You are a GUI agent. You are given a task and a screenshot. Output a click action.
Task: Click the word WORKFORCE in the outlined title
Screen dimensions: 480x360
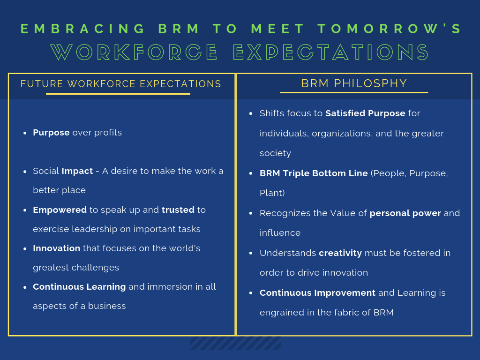coord(134,52)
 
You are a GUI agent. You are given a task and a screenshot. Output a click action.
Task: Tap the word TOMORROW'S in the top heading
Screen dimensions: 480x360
coord(390,29)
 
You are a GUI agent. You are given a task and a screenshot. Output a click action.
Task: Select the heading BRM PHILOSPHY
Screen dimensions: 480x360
coord(354,83)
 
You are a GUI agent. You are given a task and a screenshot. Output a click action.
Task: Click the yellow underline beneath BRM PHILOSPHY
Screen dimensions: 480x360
coord(354,92)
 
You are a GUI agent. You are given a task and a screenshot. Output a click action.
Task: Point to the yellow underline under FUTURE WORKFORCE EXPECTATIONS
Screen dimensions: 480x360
coord(118,94)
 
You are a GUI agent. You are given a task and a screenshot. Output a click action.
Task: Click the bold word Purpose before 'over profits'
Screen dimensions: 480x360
coord(51,133)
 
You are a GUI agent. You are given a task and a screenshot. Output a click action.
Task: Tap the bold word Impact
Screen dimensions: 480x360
coord(77,171)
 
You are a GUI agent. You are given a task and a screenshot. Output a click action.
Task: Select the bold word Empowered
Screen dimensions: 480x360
coord(60,210)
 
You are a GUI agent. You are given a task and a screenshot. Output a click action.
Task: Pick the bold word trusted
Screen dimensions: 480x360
coord(178,210)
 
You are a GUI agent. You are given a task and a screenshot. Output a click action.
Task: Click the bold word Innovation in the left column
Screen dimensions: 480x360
coord(56,248)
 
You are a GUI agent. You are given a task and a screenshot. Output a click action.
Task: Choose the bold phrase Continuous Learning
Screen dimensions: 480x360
coord(79,287)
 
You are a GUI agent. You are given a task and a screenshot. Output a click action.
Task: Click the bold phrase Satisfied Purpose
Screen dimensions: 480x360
coord(365,113)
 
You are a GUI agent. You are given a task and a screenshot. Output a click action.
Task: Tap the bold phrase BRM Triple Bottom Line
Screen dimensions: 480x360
coord(314,173)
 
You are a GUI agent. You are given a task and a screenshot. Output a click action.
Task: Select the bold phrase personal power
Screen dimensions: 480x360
coord(405,213)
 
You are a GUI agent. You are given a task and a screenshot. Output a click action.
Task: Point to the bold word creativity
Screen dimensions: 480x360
coord(340,253)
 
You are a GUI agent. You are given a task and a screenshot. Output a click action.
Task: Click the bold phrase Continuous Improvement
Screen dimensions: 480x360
coord(317,293)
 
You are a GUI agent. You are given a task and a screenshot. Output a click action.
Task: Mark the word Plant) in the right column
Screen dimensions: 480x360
coord(272,193)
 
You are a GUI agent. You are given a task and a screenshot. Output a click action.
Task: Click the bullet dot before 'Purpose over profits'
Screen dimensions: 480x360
coord(25,133)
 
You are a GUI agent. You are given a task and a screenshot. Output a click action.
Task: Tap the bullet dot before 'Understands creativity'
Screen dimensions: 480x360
coord(251,253)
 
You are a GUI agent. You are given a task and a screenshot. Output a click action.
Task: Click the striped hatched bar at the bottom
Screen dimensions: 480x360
coord(235,343)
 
